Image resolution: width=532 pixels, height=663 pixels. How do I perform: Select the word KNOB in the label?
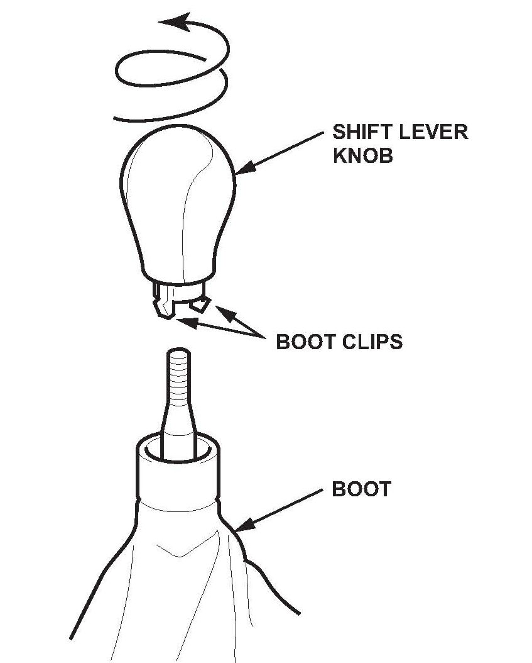[363, 155]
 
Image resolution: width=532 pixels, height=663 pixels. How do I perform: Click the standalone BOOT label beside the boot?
[361, 489]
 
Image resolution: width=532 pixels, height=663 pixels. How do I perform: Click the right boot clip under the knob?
[200, 304]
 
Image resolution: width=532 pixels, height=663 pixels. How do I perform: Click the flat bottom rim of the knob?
[176, 280]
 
